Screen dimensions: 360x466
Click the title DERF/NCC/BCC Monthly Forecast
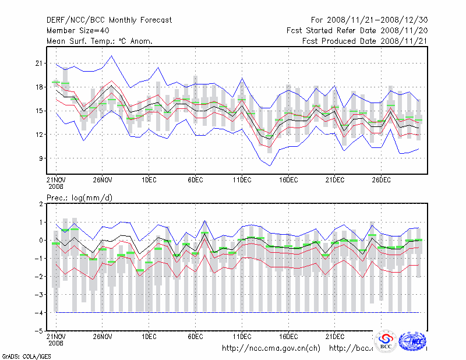point(109,20)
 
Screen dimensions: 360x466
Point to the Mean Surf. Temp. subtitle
point(100,41)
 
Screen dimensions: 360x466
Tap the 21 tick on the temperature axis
point(40,63)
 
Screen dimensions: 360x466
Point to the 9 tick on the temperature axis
point(41,158)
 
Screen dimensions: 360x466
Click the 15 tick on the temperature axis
point(40,111)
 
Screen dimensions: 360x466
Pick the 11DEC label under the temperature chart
point(242,179)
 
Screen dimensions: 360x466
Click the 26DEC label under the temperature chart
point(382,179)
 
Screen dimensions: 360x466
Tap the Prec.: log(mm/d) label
point(80,198)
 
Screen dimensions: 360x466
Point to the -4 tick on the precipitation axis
point(40,313)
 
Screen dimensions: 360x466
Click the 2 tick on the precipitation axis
point(41,204)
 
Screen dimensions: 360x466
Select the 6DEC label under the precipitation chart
point(195,336)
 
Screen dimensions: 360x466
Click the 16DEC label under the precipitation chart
point(288,336)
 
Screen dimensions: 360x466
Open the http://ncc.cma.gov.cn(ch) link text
point(271,348)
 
